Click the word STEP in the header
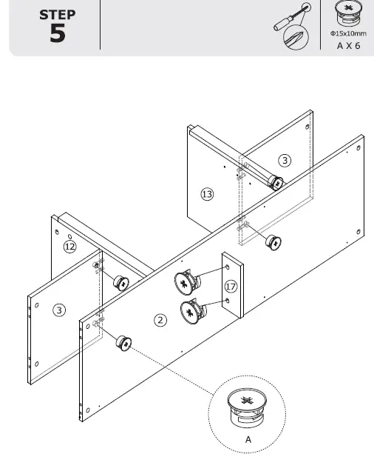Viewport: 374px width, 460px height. coord(57,14)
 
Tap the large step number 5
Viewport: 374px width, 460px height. coord(57,33)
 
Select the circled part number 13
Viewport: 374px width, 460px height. coord(207,194)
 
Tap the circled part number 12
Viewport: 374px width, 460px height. coord(69,247)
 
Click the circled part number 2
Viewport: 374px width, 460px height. coord(160,320)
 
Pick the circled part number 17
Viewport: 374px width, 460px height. coord(231,285)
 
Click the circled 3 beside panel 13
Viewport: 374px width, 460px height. coord(285,160)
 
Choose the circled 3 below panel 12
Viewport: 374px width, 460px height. coord(58,310)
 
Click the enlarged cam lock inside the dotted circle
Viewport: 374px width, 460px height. coord(248,410)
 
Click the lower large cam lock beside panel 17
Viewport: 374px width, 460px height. coord(191,311)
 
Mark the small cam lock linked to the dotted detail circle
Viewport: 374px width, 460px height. coord(123,343)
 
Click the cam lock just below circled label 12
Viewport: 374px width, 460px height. coord(120,282)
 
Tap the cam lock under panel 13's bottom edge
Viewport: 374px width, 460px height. coord(273,241)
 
